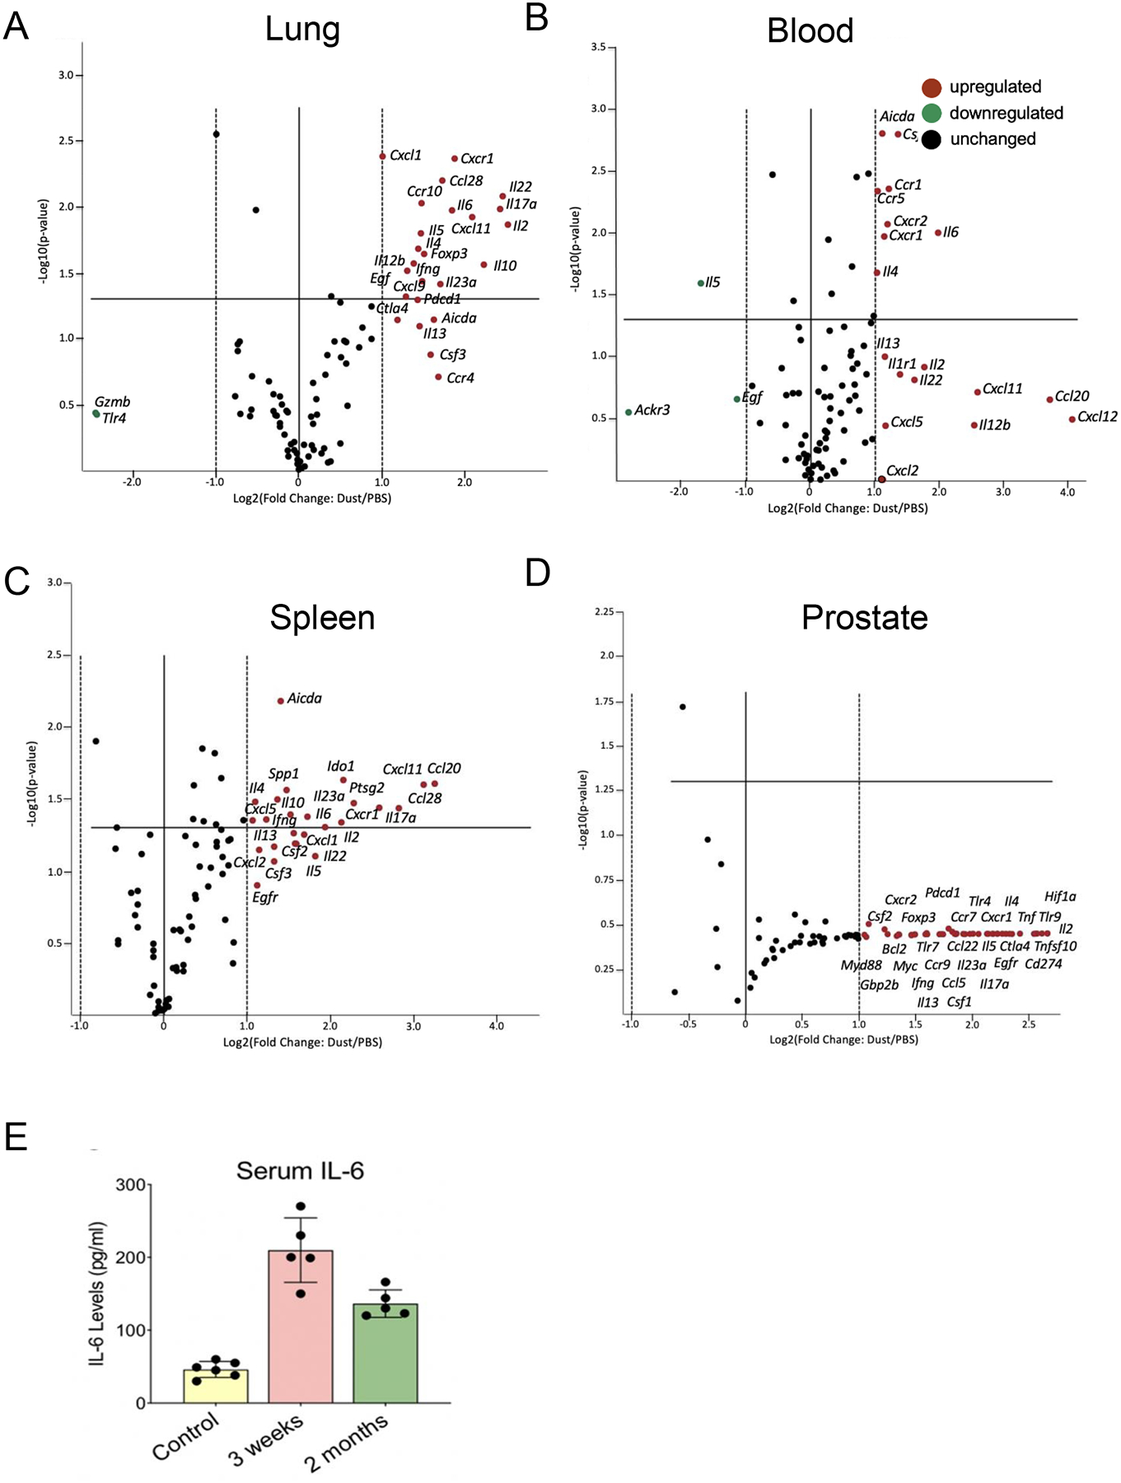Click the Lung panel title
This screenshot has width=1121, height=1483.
click(x=302, y=30)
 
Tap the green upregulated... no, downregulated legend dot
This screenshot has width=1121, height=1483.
click(x=932, y=113)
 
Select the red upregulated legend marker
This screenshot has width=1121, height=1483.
click(x=932, y=87)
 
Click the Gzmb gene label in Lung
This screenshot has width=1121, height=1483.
click(x=112, y=402)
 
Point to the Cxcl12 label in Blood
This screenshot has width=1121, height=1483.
click(x=1097, y=417)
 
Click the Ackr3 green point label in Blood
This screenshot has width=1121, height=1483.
click(x=652, y=409)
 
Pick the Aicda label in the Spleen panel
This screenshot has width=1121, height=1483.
click(x=304, y=699)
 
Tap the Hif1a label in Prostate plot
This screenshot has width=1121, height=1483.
click(x=1060, y=896)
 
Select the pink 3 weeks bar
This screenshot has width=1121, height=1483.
click(x=301, y=1326)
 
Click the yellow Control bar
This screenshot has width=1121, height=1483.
click(x=216, y=1386)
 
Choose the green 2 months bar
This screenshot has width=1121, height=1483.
click(x=385, y=1353)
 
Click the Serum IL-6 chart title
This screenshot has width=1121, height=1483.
click(x=300, y=1171)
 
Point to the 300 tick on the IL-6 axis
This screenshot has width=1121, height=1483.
click(x=130, y=1185)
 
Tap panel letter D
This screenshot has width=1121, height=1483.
click(x=537, y=572)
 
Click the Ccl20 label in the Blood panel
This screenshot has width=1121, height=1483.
click(x=1072, y=396)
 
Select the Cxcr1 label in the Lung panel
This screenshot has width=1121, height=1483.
click(x=477, y=158)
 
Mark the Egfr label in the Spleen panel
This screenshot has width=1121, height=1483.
click(x=265, y=897)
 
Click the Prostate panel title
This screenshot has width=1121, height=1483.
click(x=864, y=617)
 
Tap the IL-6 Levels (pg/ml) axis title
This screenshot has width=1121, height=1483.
click(x=97, y=1294)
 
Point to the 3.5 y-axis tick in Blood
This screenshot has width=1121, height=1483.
click(x=598, y=48)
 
